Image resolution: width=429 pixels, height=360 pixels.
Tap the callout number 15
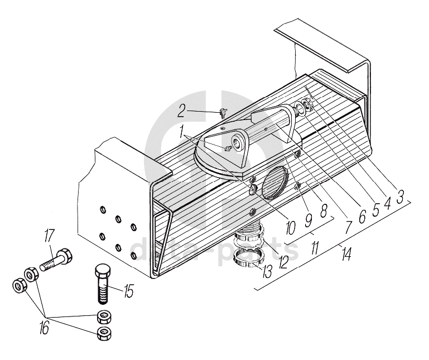point(129,291)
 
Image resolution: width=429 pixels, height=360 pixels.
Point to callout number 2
point(181,110)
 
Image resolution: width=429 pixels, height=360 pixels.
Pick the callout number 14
point(346,254)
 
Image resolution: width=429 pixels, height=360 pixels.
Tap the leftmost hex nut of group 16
point(20,287)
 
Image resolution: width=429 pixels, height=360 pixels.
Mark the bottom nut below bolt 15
point(104,334)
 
